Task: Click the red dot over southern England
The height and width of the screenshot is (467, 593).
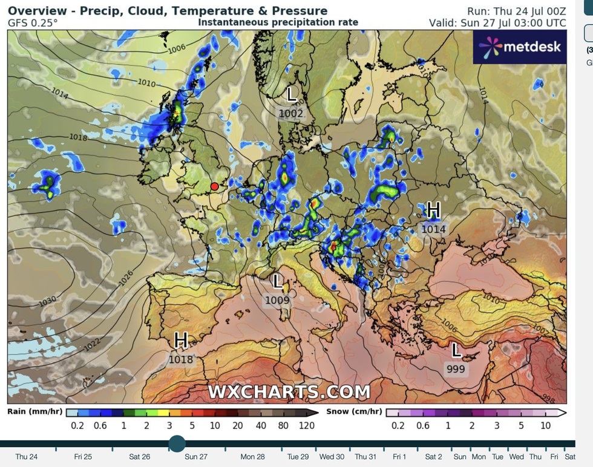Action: [214, 186]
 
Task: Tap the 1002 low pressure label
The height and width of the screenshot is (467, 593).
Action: [291, 113]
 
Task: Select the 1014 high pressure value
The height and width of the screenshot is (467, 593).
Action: [433, 229]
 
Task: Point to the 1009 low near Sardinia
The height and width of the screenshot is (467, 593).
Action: [277, 299]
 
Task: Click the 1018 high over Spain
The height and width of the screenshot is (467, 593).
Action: [181, 359]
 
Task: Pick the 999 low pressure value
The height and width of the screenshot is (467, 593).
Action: [456, 369]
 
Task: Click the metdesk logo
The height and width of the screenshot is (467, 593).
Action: [519, 47]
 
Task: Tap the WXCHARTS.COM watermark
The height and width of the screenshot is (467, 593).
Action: [289, 392]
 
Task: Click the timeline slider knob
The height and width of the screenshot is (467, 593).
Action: [177, 443]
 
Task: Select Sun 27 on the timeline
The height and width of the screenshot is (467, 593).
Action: [196, 457]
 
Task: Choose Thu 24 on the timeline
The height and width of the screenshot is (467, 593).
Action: [26, 457]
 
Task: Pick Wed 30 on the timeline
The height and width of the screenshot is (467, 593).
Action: [332, 457]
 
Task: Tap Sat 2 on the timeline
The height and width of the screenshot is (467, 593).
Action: [433, 457]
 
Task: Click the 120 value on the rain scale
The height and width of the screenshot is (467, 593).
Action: [307, 425]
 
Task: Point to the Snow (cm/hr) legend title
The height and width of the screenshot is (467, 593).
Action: [354, 412]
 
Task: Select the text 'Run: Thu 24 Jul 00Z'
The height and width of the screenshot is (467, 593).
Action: [517, 11]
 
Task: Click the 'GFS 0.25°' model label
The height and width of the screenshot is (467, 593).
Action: [33, 23]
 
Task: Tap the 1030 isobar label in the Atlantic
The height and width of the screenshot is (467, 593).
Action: [47, 301]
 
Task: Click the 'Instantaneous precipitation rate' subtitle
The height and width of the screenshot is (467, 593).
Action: [278, 22]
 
